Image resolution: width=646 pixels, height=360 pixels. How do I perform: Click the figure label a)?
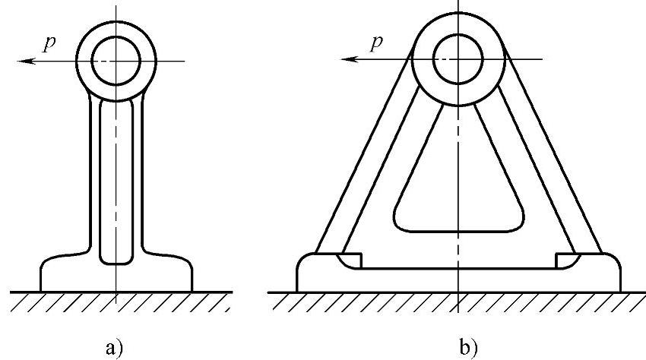[114, 347]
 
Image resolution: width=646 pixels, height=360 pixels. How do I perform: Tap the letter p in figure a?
[49, 43]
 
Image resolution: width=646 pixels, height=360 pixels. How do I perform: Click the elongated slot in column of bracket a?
[116, 182]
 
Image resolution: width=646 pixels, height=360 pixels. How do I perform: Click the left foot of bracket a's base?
[61, 273]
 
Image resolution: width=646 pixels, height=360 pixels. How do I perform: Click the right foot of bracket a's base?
[171, 273]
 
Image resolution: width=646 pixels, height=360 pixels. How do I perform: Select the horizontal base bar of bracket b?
[458, 279]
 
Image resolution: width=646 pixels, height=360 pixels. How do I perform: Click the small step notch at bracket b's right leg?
[566, 260]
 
